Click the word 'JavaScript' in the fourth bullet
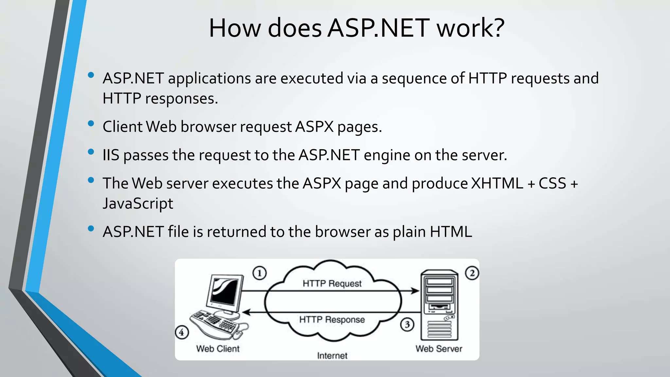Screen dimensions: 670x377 coord(138,204)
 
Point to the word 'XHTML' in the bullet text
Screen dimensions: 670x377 coord(497,183)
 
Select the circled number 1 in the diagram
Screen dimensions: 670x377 coord(259,273)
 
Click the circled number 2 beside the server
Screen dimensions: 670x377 coord(472,273)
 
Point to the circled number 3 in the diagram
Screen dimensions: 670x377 coord(407,325)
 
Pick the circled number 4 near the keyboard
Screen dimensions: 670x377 coord(182,332)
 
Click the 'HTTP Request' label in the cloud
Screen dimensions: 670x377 coord(332,283)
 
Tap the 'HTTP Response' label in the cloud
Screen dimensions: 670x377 coord(332,319)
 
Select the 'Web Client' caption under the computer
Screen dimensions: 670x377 coord(218,349)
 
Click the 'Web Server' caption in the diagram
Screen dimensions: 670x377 coord(439,349)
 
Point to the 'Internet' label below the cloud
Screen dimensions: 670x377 coord(332,356)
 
